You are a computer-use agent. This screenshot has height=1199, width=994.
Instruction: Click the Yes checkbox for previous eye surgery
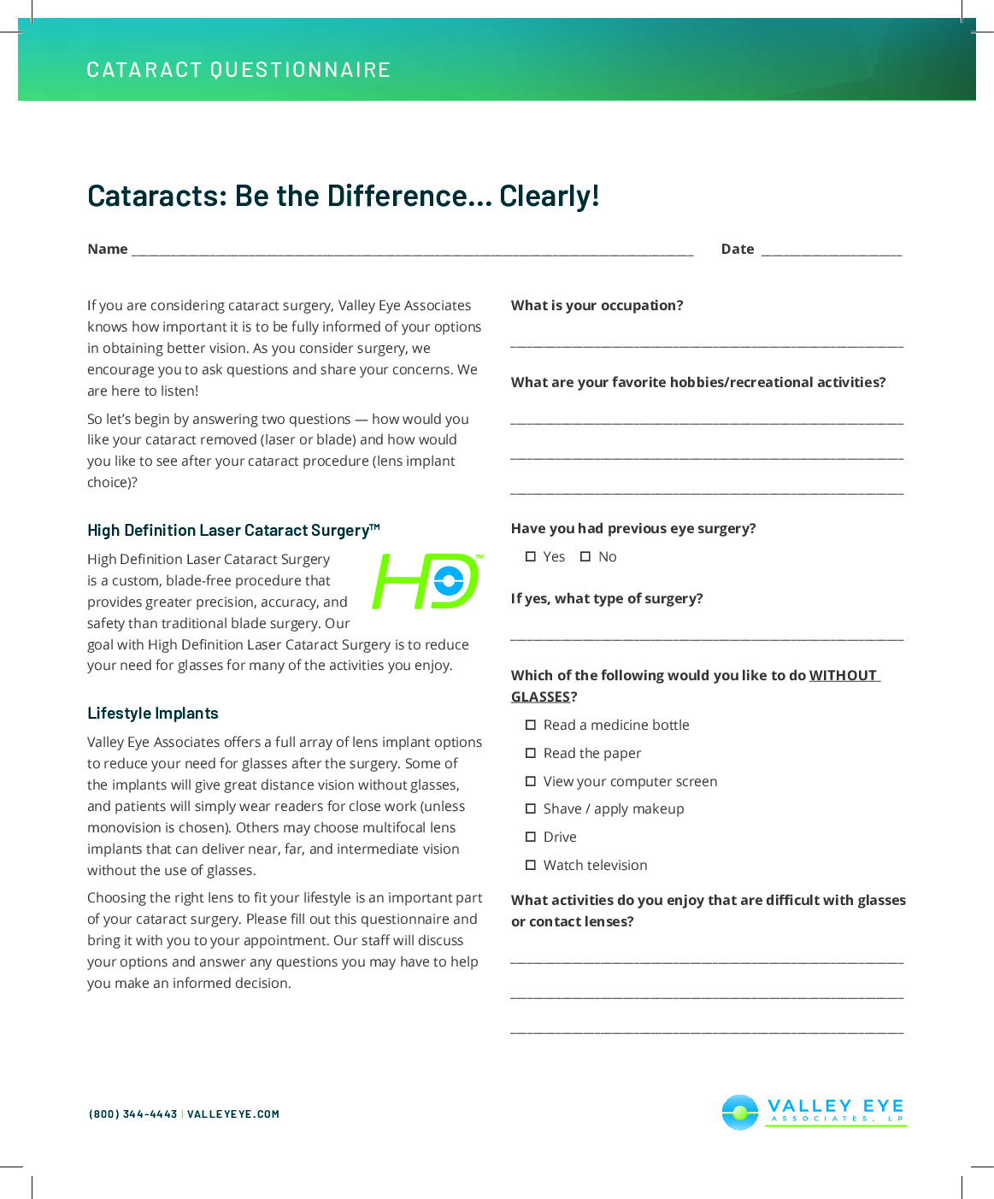click(x=531, y=557)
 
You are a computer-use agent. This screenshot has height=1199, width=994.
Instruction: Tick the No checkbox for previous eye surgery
click(x=585, y=557)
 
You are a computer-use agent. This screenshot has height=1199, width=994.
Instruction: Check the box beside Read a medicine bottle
click(x=531, y=726)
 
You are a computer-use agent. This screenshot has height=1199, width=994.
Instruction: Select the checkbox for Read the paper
click(x=531, y=754)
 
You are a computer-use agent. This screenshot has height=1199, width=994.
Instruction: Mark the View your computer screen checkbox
click(x=531, y=782)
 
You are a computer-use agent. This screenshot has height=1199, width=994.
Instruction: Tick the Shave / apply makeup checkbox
click(x=531, y=809)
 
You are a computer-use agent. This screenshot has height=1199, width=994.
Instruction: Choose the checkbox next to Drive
click(x=531, y=838)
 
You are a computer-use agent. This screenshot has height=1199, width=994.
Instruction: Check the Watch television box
click(x=531, y=866)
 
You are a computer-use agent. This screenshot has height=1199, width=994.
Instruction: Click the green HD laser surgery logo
click(x=426, y=581)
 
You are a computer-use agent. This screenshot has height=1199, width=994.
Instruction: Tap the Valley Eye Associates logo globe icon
click(x=740, y=1113)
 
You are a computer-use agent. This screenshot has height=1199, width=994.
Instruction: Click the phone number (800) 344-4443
click(x=133, y=1114)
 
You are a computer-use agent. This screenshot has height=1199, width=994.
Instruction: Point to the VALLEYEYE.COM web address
click(x=233, y=1114)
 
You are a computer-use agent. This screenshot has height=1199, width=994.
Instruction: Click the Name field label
click(x=108, y=250)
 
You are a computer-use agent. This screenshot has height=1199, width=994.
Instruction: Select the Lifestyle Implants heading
click(x=153, y=714)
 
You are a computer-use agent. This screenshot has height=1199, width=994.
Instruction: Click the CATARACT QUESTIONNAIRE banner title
click(x=238, y=70)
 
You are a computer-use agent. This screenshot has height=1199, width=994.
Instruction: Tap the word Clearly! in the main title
click(x=549, y=197)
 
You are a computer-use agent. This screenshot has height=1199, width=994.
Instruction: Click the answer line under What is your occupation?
click(x=707, y=344)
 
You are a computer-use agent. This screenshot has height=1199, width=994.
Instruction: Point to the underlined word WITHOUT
click(x=843, y=676)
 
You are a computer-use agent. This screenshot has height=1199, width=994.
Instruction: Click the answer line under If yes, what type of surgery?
click(x=707, y=638)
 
